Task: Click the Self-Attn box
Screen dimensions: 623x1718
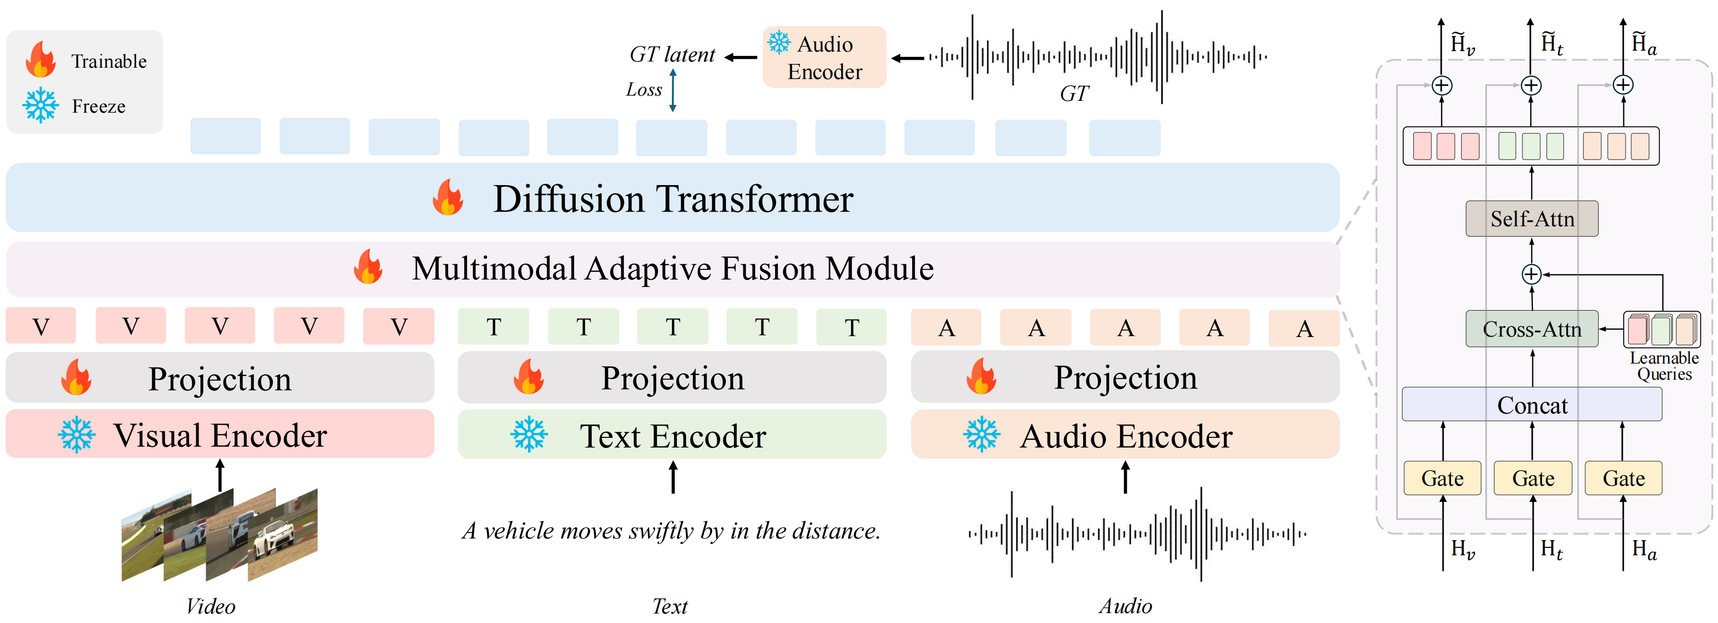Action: tap(1531, 219)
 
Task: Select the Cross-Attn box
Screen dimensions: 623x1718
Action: tap(1531, 329)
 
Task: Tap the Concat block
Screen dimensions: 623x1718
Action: tap(1531, 404)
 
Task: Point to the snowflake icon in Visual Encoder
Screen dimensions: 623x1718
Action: tap(76, 435)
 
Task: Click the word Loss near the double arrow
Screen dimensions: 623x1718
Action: tap(643, 90)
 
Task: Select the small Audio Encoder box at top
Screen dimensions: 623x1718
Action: tap(824, 57)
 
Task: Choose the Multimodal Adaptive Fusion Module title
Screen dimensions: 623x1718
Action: tap(672, 268)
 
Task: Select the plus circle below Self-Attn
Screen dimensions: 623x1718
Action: tap(1531, 274)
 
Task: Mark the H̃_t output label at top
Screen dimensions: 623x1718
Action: tap(1551, 43)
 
